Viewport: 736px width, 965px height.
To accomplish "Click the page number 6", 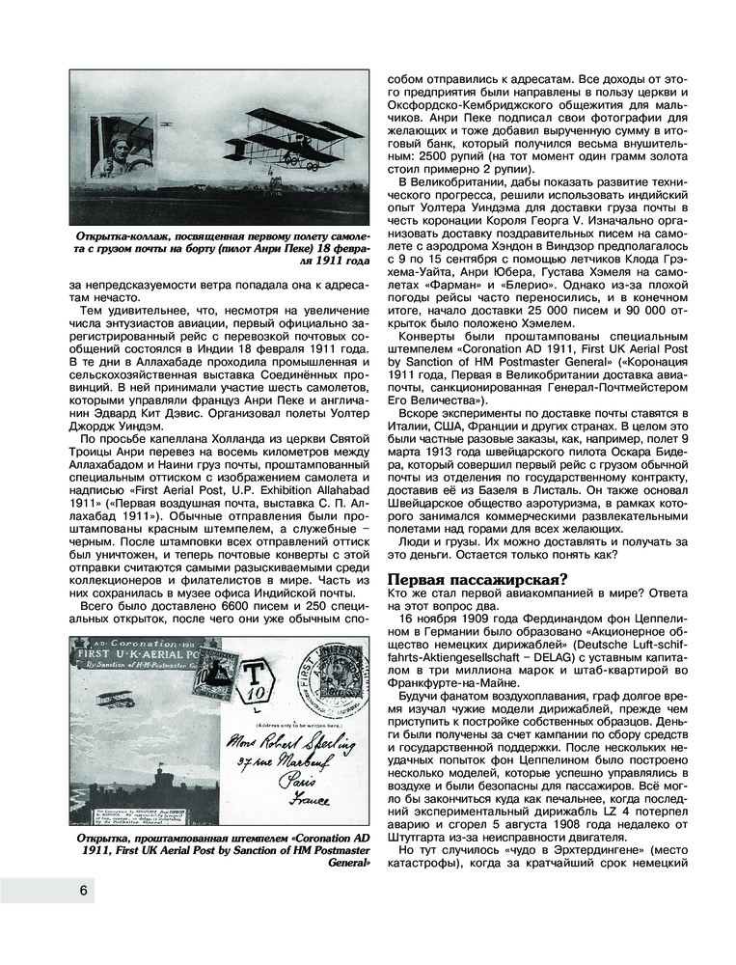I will [x=85, y=890].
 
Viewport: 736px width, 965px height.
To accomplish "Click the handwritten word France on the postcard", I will [x=306, y=800].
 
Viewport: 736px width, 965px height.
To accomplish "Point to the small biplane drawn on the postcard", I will [x=114, y=700].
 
